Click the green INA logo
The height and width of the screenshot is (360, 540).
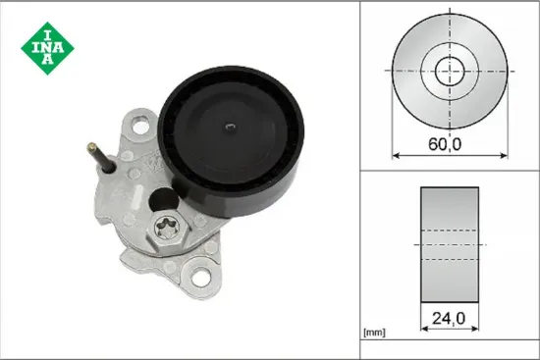[44, 44]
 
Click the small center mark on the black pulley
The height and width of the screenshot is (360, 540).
[228, 125]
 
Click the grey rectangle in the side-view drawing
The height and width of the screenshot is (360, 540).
[451, 243]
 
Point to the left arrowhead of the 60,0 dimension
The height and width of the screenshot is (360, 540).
[396, 155]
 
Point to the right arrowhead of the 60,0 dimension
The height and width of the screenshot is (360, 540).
[506, 155]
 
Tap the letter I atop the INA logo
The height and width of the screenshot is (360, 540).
[44, 27]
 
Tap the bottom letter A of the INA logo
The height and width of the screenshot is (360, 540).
[44, 61]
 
